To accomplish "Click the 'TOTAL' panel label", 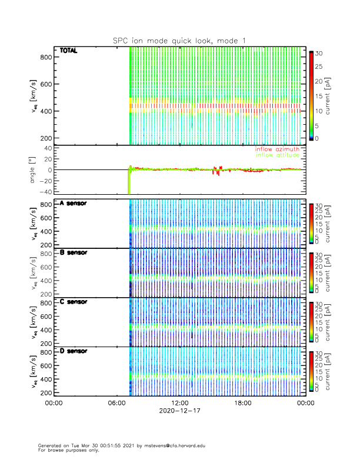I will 69,51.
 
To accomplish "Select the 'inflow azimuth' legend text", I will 278,149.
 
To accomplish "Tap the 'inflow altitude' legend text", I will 278,155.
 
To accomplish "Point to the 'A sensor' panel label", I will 73,204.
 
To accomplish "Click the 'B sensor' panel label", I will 73,252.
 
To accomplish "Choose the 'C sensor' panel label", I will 73,302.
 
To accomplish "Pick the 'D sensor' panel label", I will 73,351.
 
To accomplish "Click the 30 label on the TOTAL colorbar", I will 318,54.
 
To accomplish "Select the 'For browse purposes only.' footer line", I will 68,450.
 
